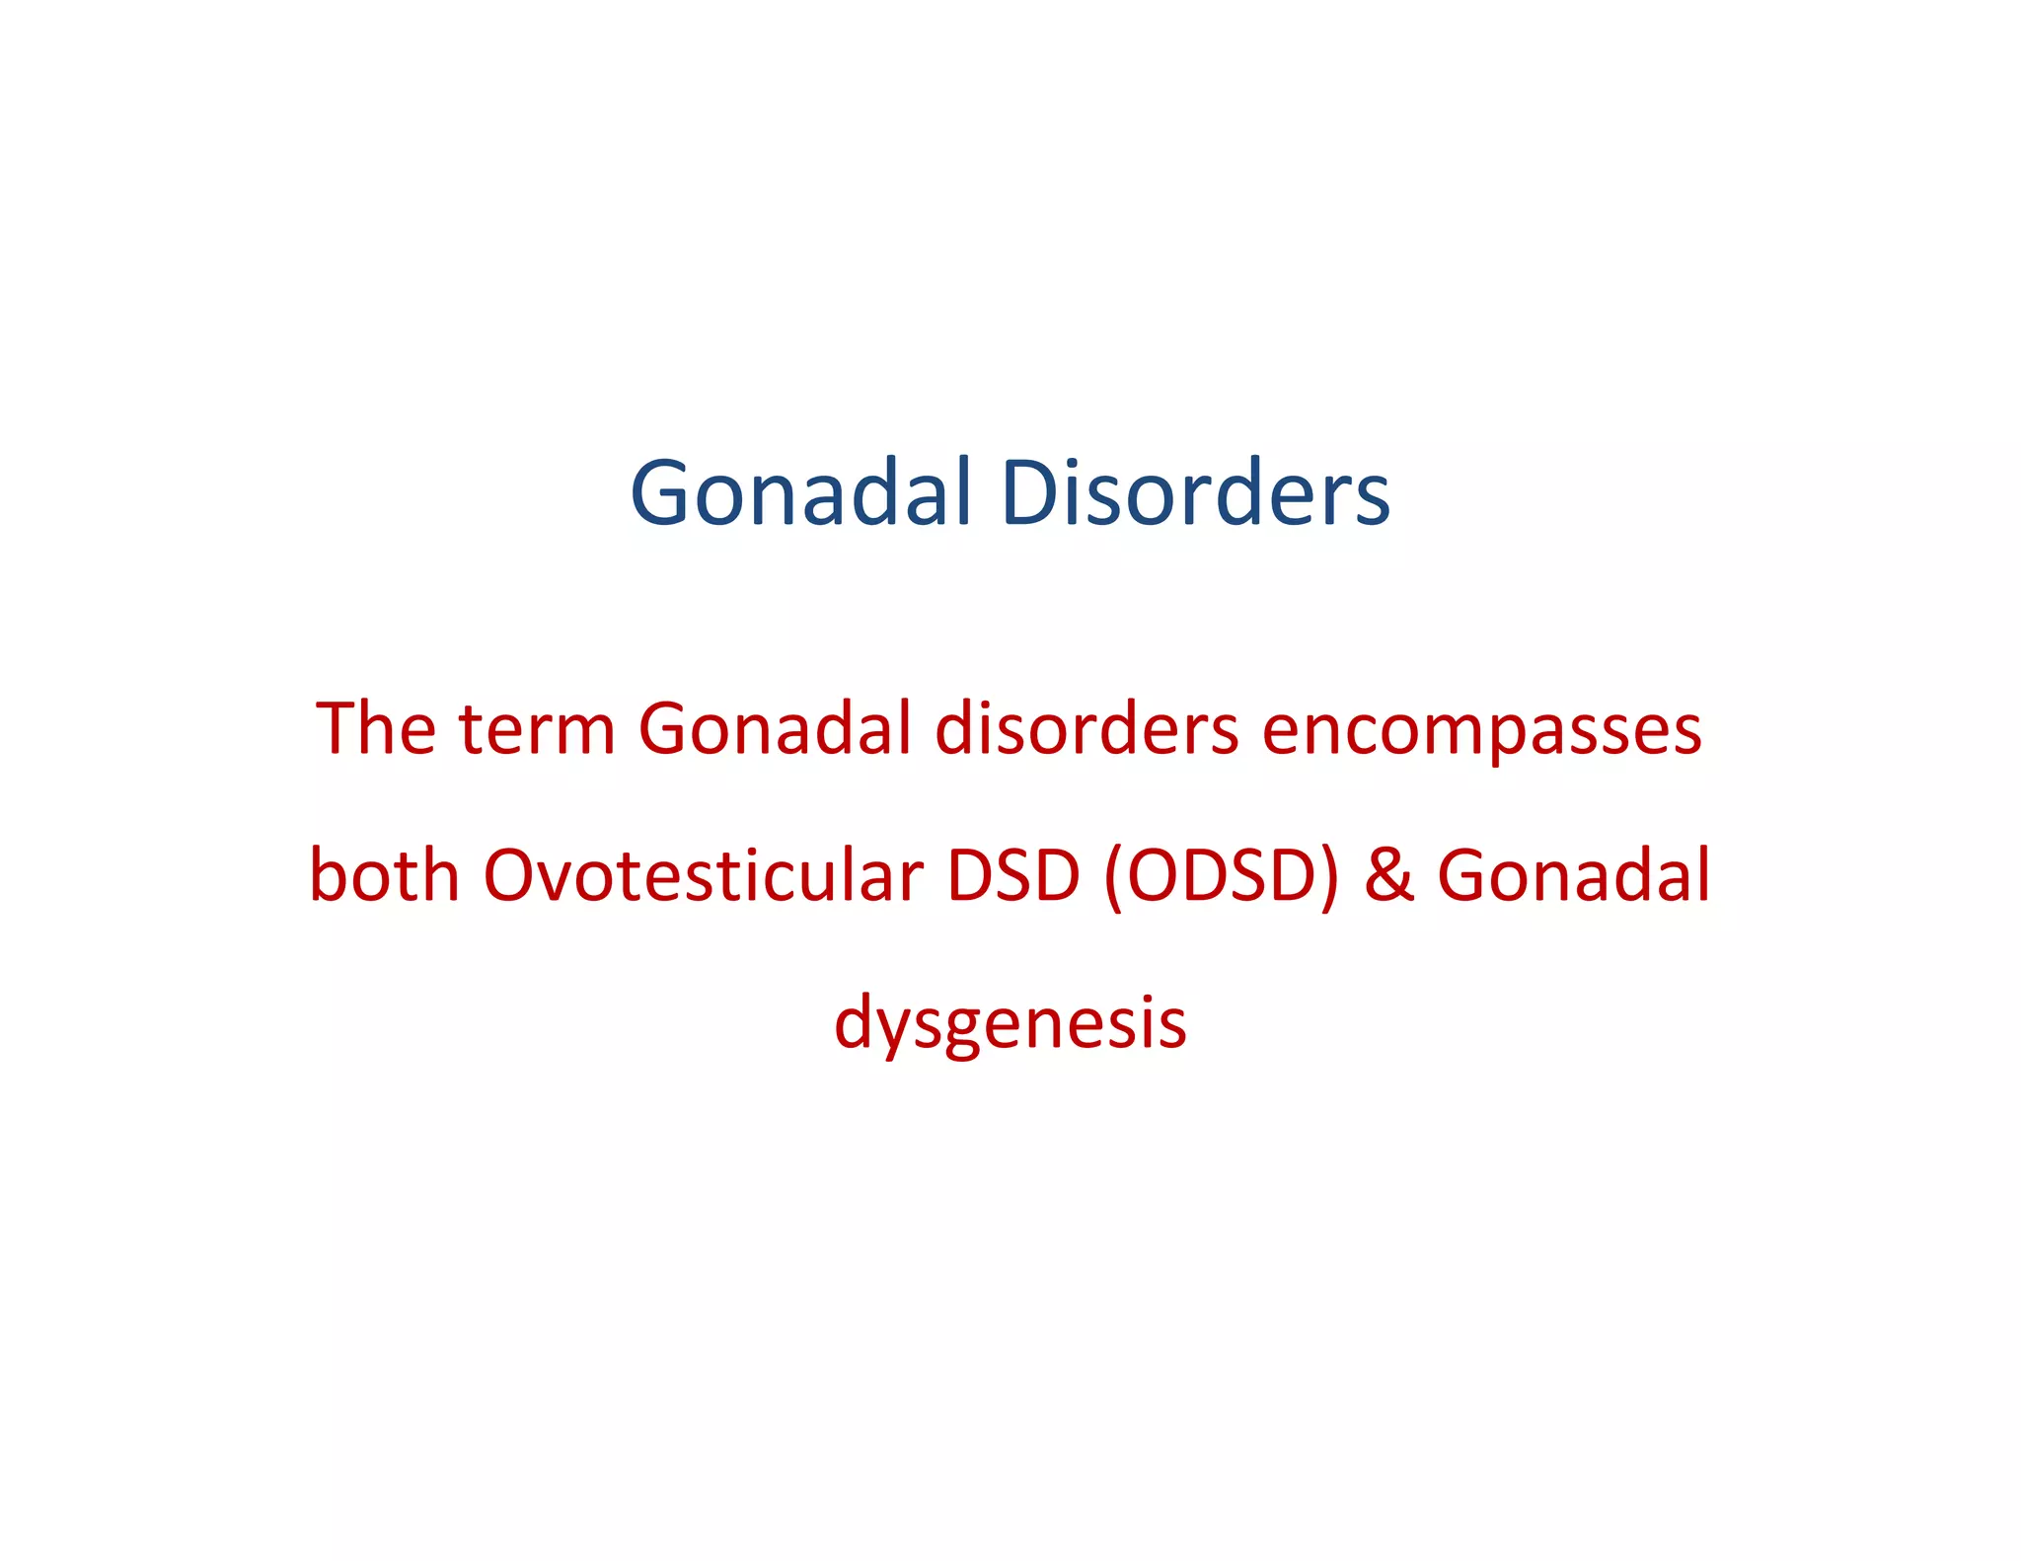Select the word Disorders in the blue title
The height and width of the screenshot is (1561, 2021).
point(1195,493)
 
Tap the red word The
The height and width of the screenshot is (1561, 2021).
point(376,729)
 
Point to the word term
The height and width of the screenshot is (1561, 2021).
point(538,729)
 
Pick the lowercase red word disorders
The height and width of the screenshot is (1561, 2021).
point(1086,729)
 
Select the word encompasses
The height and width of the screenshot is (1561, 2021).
point(1481,731)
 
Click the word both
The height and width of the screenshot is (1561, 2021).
point(384,875)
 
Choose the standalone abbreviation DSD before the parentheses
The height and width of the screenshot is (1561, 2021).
point(1013,875)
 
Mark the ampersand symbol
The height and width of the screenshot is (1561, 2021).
point(1388,876)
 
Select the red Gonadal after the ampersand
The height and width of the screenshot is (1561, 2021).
point(1573,875)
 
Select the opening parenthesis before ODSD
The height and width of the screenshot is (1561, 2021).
point(1114,877)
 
